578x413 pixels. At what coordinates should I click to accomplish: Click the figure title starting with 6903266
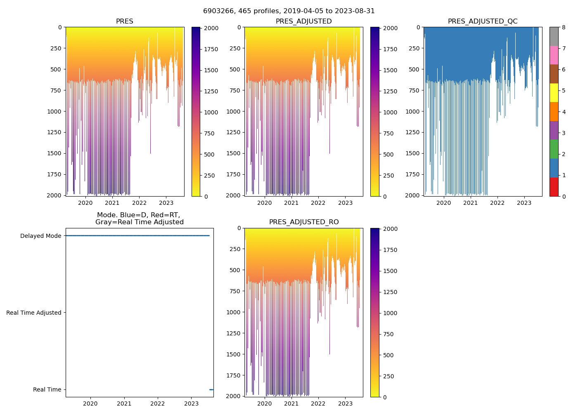pyautogui.click(x=289, y=11)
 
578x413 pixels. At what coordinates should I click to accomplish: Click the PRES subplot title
pyautogui.click(x=124, y=21)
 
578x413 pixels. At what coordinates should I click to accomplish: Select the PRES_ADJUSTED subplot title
pyautogui.click(x=303, y=21)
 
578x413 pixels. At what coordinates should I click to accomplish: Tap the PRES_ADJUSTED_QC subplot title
pyautogui.click(x=483, y=21)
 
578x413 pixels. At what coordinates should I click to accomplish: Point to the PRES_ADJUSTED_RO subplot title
pyautogui.click(x=304, y=222)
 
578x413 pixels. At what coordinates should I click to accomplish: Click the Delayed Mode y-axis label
pyautogui.click(x=40, y=236)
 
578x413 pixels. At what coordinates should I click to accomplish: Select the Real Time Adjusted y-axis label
pyautogui.click(x=34, y=313)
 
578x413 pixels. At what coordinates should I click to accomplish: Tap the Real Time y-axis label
pyautogui.click(x=47, y=390)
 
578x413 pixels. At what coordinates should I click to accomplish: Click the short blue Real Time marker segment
pyautogui.click(x=211, y=389)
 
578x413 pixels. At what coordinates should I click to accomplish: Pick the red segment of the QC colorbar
pyautogui.click(x=554, y=187)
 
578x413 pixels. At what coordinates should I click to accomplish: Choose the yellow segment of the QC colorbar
pyautogui.click(x=554, y=93)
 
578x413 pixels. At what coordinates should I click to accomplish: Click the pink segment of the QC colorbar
pyautogui.click(x=554, y=55)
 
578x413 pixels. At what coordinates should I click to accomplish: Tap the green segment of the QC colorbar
pyautogui.click(x=554, y=149)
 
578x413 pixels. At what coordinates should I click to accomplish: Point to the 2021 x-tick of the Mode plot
pyautogui.click(x=124, y=404)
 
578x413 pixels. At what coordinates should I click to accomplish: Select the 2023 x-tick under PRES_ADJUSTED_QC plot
pyautogui.click(x=524, y=203)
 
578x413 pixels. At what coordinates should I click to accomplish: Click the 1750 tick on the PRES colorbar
pyautogui.click(x=211, y=50)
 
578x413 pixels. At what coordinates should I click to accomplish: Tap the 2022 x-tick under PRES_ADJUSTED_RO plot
pyautogui.click(x=318, y=404)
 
